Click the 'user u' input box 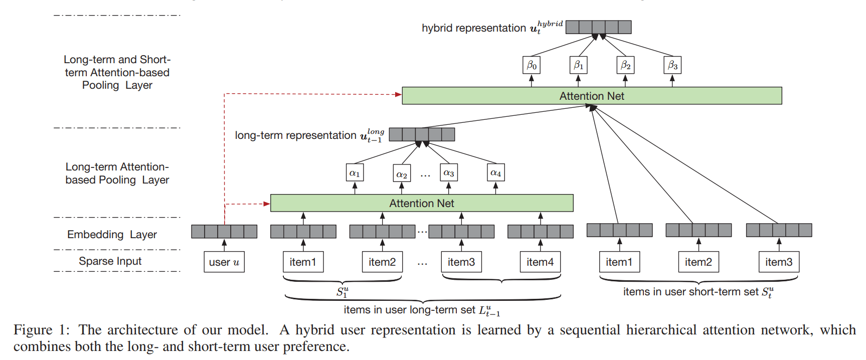(x=224, y=262)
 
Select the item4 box (x=540, y=262)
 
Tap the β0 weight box (x=532, y=65)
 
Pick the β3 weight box (x=672, y=65)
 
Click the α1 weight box (x=355, y=173)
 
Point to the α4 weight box (x=495, y=173)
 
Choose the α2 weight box (x=402, y=173)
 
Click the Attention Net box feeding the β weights (x=592, y=96)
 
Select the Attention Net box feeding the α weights (x=421, y=203)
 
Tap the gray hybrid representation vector (x=598, y=27)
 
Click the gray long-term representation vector (x=422, y=134)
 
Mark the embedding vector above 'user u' (x=224, y=231)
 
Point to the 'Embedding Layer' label (x=112, y=234)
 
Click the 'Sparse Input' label (x=110, y=261)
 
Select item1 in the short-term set (x=619, y=262)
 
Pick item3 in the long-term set (x=461, y=262)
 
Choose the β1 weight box (x=578, y=65)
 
